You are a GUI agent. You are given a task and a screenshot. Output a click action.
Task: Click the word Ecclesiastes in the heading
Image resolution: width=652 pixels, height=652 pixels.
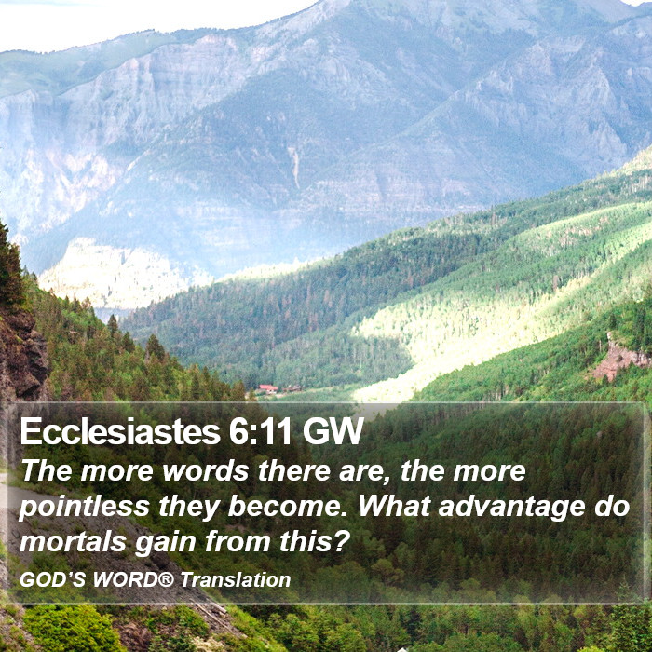click(120, 431)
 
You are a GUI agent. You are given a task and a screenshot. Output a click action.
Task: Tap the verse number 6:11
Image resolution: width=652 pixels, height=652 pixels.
click(260, 431)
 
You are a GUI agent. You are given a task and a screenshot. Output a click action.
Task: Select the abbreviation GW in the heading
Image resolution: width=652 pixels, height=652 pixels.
click(333, 431)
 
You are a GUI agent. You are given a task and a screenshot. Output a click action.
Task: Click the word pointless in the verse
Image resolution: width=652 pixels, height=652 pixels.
click(85, 508)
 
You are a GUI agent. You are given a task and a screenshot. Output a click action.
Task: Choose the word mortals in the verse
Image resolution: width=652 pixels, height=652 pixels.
click(73, 542)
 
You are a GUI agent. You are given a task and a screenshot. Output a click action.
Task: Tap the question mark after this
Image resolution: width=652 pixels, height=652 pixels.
click(340, 541)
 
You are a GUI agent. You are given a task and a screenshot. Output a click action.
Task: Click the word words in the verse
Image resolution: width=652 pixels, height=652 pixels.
click(206, 472)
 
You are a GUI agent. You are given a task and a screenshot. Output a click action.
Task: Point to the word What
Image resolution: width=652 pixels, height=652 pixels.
click(394, 506)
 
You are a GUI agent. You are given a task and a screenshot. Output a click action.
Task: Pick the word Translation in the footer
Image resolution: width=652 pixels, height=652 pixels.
click(236, 579)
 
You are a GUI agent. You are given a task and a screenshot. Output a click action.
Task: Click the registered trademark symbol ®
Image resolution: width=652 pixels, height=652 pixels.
click(166, 578)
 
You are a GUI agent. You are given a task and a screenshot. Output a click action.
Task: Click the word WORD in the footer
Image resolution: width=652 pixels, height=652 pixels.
click(125, 579)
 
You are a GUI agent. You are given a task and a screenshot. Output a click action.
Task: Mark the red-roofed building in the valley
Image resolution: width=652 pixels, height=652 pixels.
click(267, 388)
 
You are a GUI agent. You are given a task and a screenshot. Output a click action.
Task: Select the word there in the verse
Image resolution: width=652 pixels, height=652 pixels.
click(294, 471)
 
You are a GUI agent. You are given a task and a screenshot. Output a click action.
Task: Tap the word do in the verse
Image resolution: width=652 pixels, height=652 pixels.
click(612, 506)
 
